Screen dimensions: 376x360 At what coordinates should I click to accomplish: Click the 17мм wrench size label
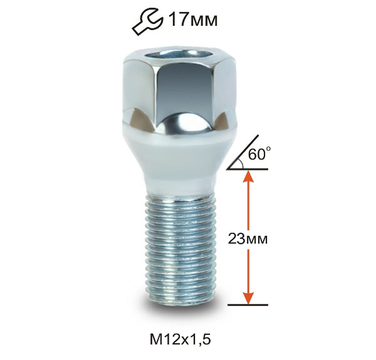coord(193,19)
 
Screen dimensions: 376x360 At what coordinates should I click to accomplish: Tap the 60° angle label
coord(259,154)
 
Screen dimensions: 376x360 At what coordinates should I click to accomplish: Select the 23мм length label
coord(248,239)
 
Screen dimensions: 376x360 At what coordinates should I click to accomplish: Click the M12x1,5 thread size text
coord(180,339)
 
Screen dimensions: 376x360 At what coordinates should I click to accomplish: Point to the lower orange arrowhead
coord(248,298)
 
